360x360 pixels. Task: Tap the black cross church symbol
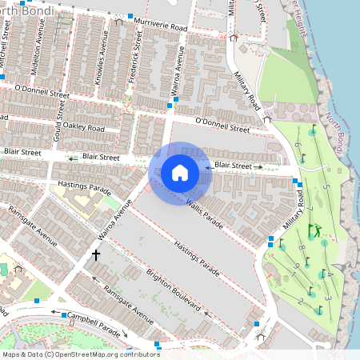96,256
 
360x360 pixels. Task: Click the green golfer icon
315,230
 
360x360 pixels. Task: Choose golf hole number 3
328,298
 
